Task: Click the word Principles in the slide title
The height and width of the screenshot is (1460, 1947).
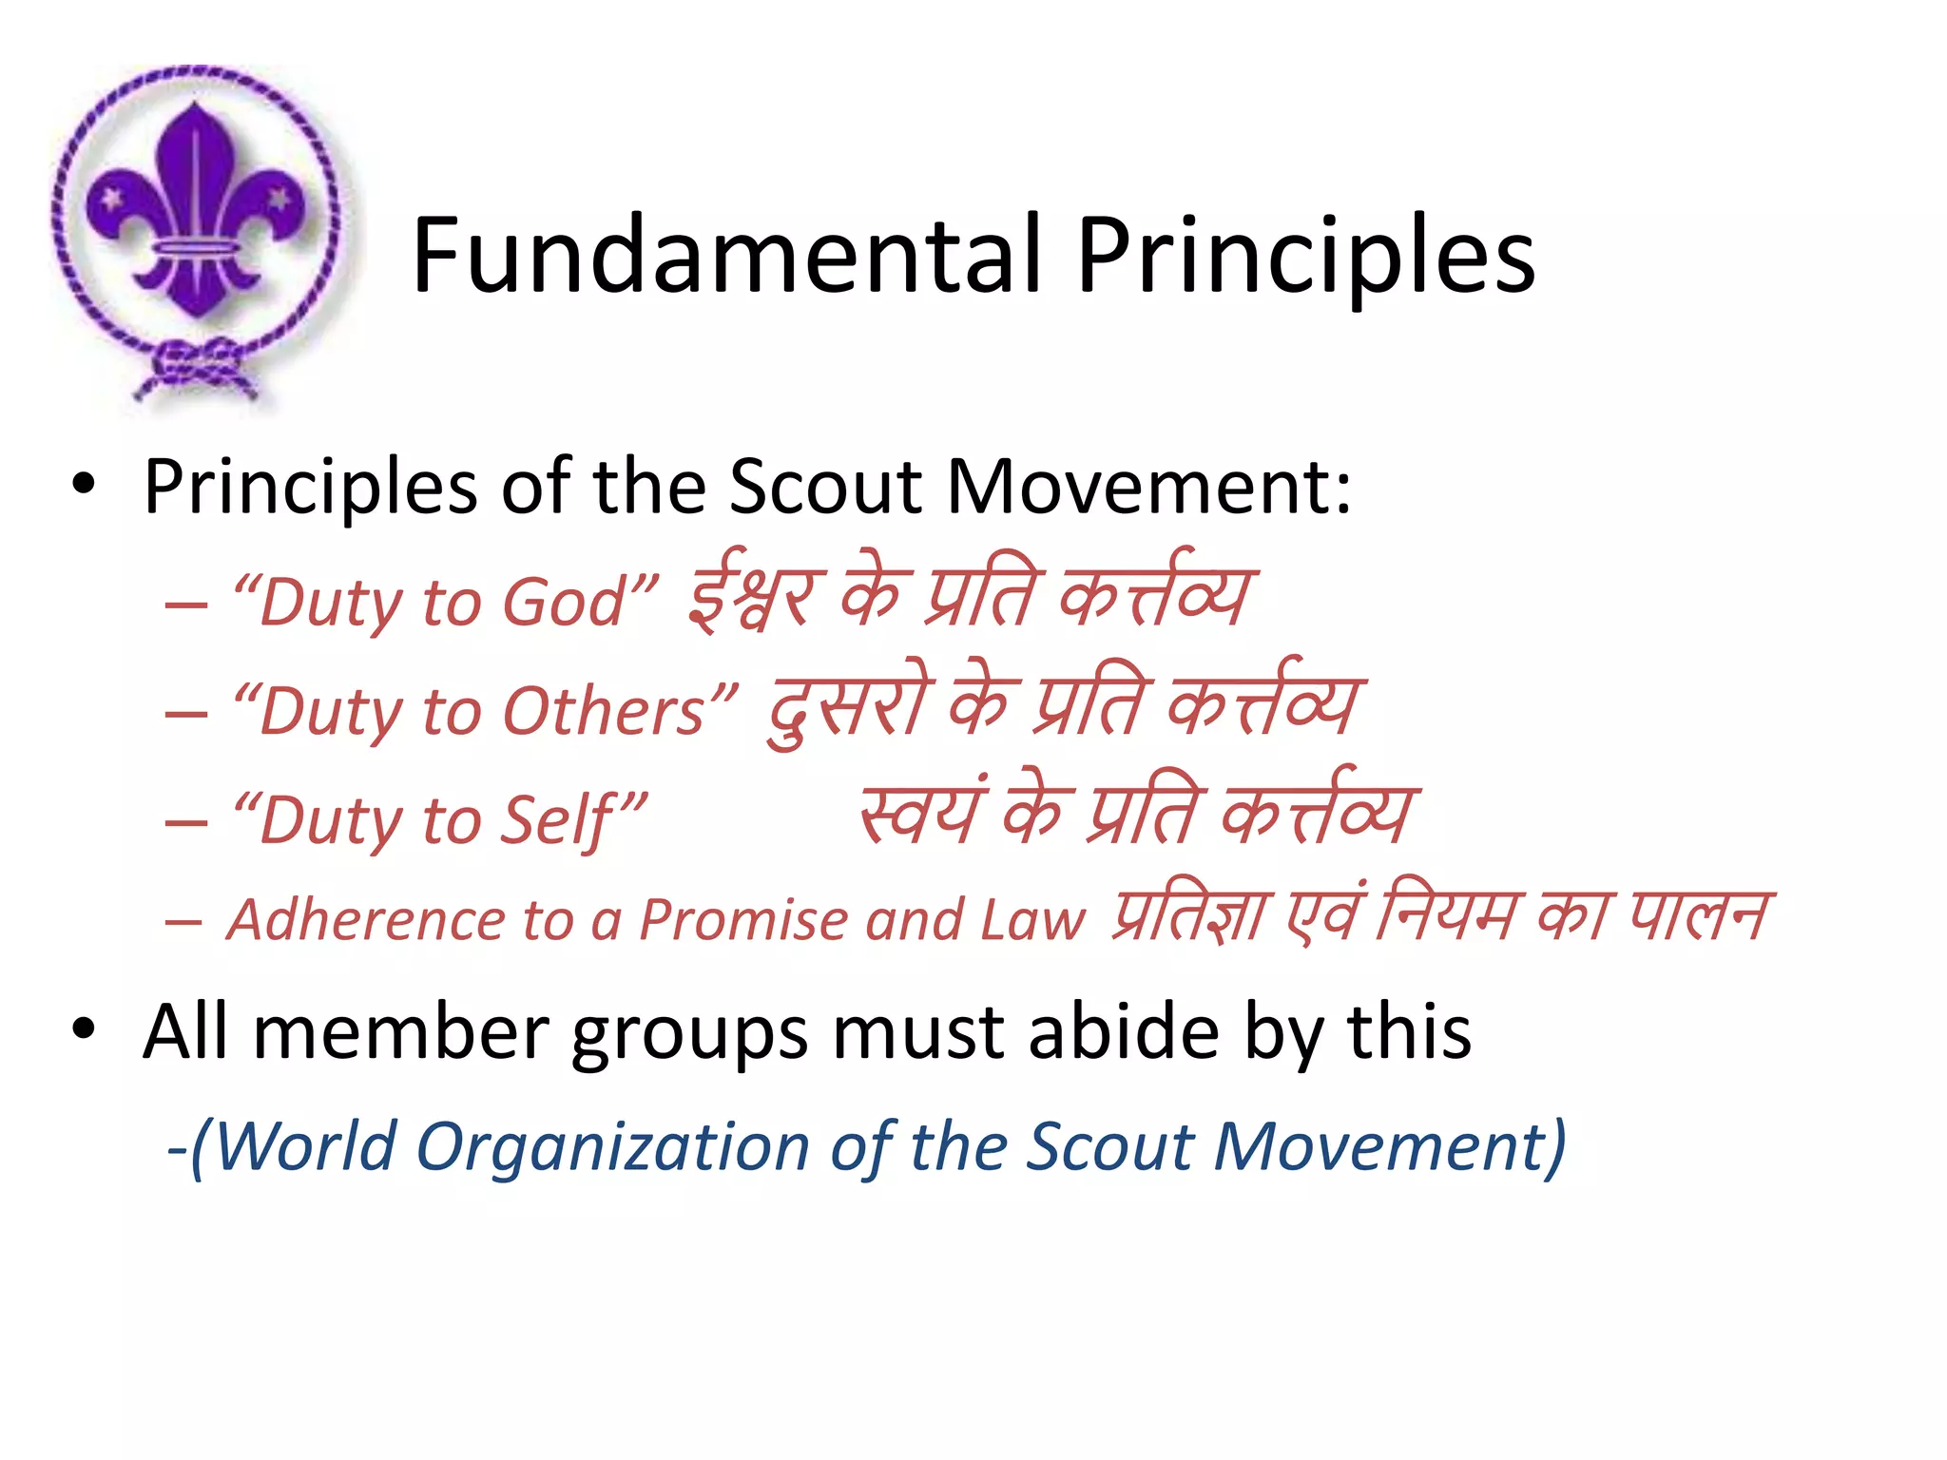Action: (x=1304, y=255)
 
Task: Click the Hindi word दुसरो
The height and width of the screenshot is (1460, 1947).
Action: (x=851, y=708)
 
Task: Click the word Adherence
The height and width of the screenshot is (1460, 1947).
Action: (x=367, y=920)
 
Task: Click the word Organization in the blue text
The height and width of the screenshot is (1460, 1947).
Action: (x=612, y=1146)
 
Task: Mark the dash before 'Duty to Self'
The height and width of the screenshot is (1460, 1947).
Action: (x=186, y=821)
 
